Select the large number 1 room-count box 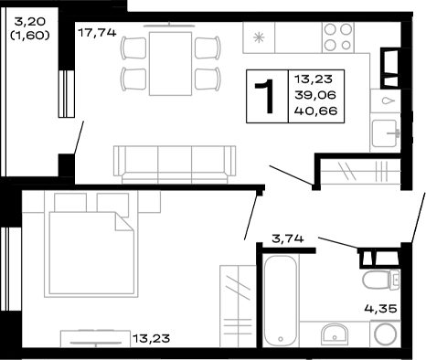(x=267, y=96)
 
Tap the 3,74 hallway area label (x=288, y=239)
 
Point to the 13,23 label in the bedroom (x=152, y=339)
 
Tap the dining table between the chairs (x=170, y=57)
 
